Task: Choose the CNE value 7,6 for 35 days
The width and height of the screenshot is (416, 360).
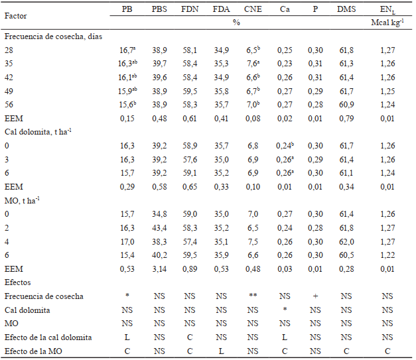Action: (250, 64)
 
